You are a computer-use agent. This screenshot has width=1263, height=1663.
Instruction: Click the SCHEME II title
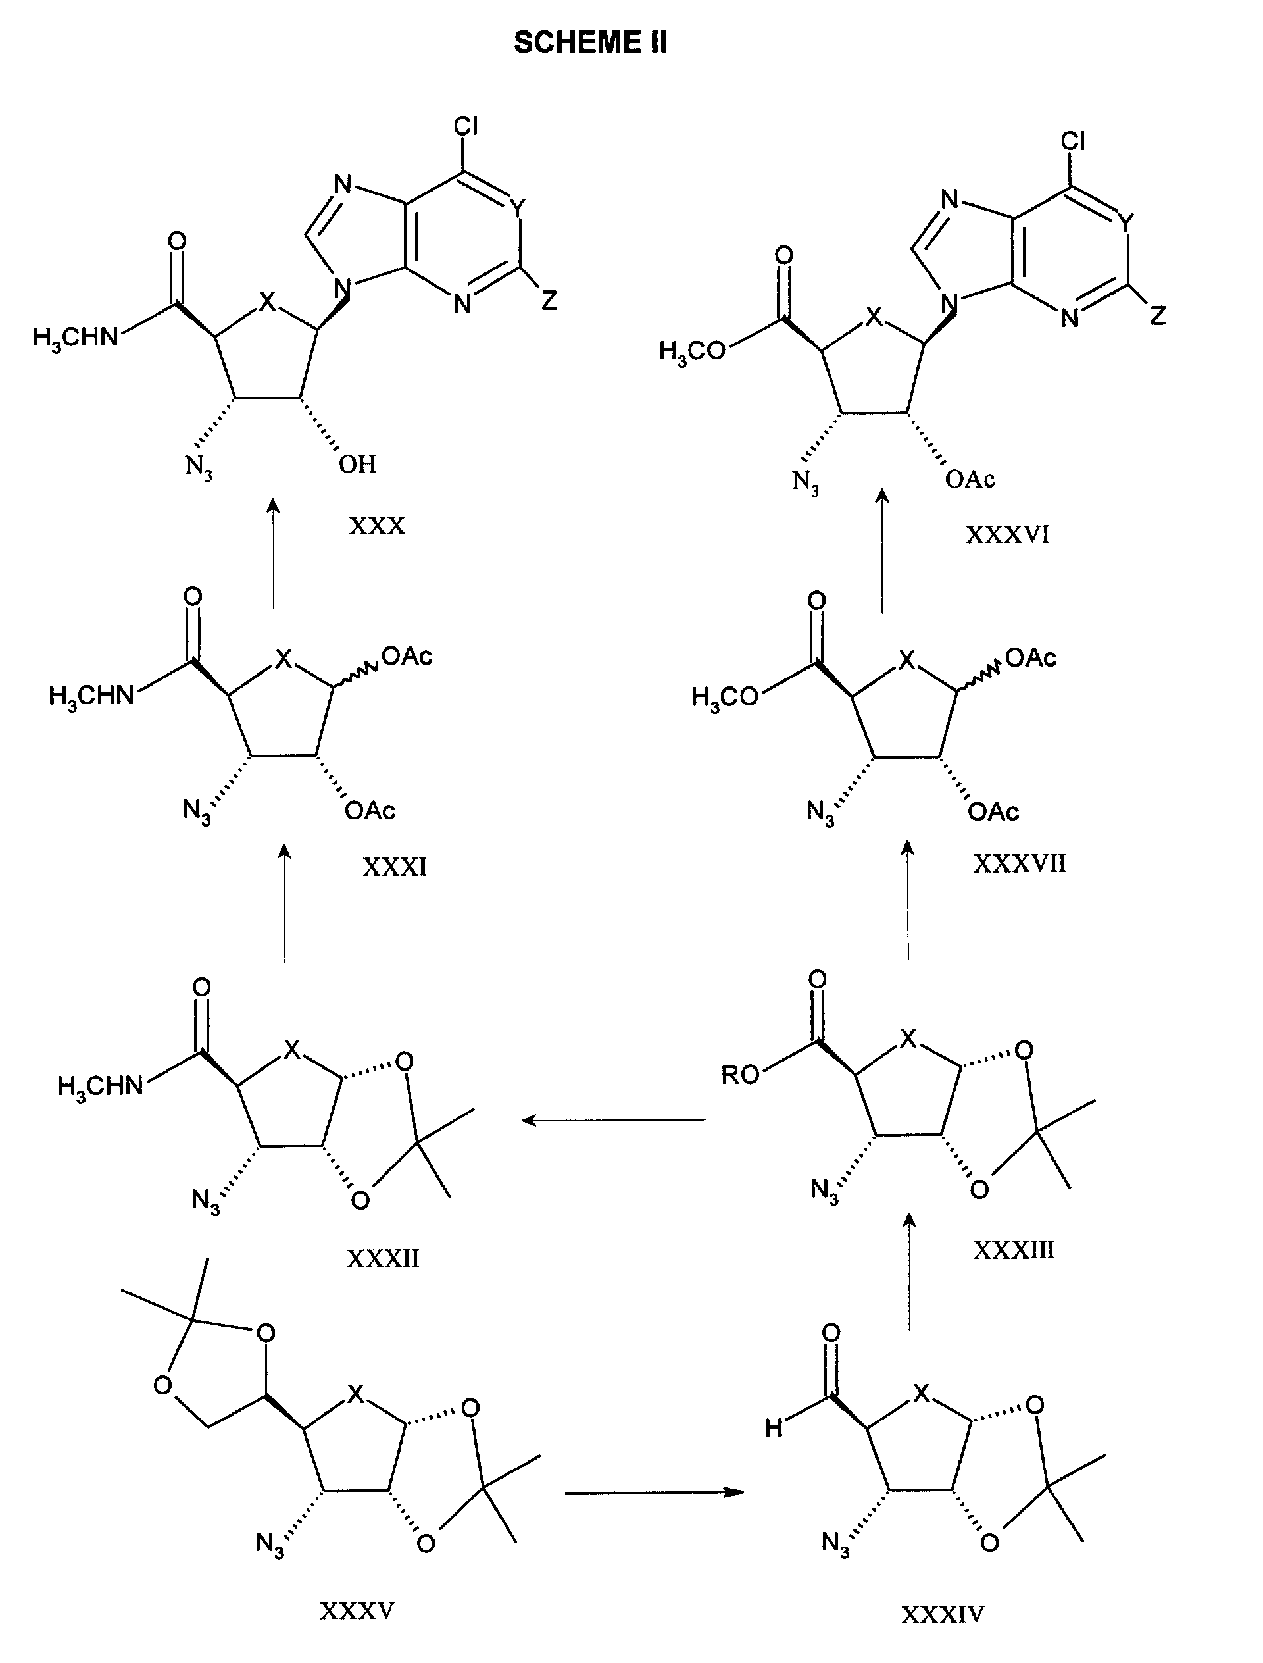(590, 43)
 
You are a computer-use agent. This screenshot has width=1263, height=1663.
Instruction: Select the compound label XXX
(377, 525)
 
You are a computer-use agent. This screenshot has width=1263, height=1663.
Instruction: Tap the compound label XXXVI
(1006, 535)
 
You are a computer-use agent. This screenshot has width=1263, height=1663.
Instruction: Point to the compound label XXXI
(395, 867)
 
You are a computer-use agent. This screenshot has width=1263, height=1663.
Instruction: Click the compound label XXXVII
(1020, 863)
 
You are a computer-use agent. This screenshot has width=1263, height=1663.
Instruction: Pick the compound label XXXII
(383, 1258)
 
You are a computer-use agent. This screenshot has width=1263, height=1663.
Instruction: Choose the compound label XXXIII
(1014, 1250)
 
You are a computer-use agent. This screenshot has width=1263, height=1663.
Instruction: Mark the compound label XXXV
(357, 1610)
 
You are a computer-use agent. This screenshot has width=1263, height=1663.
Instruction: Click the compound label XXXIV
(943, 1614)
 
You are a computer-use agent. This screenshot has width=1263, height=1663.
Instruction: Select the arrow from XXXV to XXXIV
(654, 1493)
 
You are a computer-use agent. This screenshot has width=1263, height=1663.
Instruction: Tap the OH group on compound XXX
(357, 465)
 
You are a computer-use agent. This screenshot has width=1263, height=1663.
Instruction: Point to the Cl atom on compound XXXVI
(1073, 141)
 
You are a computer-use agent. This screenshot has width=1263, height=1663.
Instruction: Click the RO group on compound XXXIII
(741, 1075)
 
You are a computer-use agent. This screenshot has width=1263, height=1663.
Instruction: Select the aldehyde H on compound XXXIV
(774, 1428)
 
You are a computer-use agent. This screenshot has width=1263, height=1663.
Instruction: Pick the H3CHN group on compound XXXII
(101, 1086)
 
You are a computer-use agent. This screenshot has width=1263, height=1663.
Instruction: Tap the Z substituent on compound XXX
(549, 301)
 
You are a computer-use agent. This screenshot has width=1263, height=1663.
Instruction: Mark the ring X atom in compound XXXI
(282, 659)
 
